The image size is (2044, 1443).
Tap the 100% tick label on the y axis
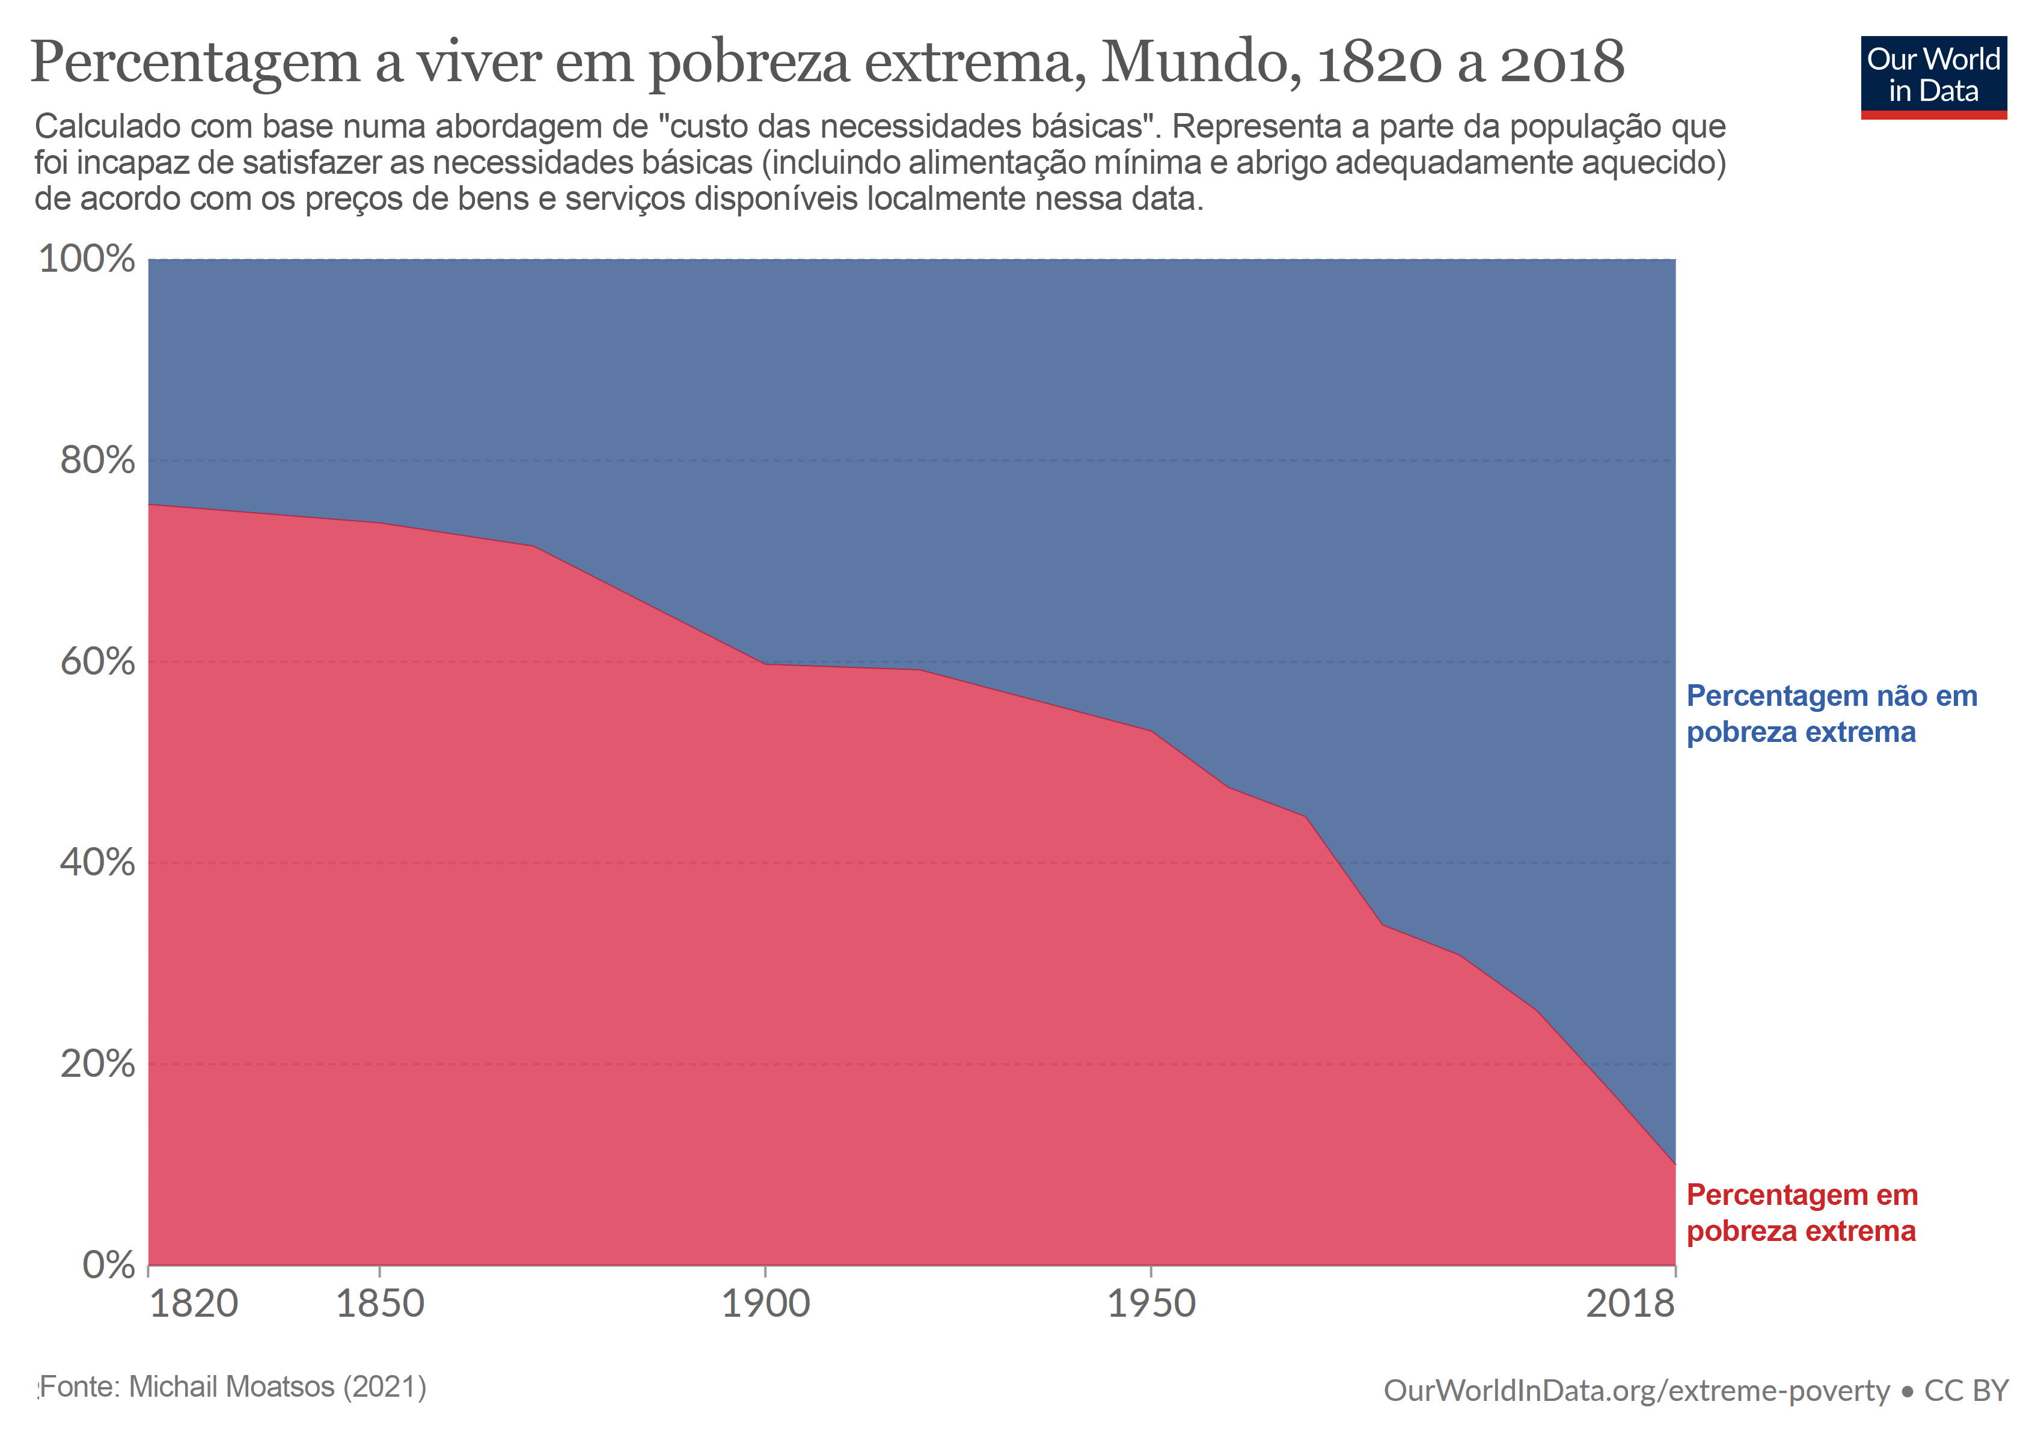tap(87, 259)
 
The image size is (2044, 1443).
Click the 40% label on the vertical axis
tap(97, 863)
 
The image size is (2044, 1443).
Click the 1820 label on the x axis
tap(193, 1304)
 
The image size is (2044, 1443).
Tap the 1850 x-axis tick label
tap(380, 1304)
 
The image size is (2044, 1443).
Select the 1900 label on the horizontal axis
tap(765, 1304)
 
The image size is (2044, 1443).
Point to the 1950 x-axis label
tap(1151, 1304)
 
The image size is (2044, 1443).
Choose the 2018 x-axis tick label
tap(1630, 1304)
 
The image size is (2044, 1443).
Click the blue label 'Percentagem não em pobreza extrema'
tap(1831, 714)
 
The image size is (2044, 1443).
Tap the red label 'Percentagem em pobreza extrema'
tap(1802, 1213)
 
